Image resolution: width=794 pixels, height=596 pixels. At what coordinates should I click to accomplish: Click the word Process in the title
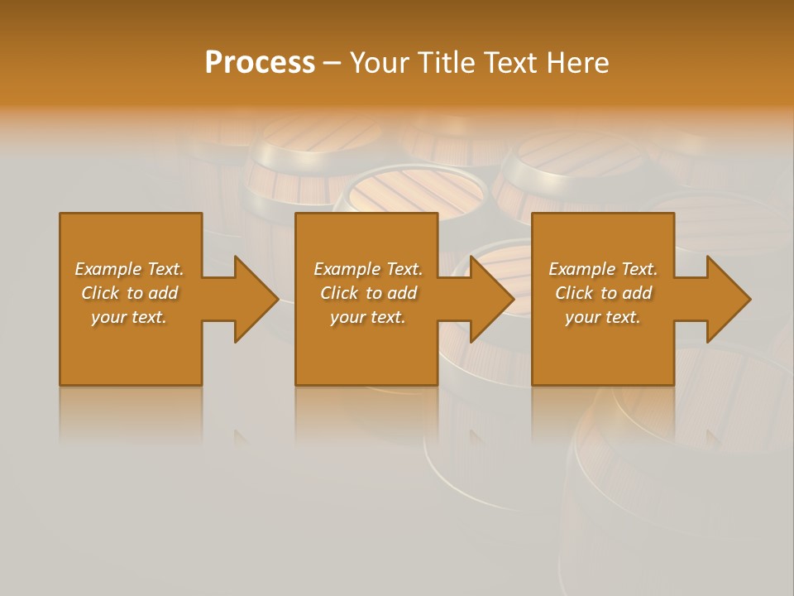coord(260,63)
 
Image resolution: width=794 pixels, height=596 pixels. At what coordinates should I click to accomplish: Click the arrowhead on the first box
coord(256,299)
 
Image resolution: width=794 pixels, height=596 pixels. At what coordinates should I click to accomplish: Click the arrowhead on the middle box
coord(493,299)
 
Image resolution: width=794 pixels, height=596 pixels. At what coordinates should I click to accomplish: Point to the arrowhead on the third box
coord(729,299)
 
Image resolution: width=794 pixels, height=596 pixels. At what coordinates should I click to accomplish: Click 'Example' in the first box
coord(108,269)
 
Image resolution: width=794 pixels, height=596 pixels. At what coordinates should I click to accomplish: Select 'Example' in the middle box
coord(347,269)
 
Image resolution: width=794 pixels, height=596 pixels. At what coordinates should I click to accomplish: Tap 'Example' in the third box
coord(581,269)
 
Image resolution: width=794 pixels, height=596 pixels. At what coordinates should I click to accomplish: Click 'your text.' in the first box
coord(129,317)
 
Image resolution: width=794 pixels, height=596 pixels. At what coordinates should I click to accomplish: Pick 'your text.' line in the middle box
coord(368,317)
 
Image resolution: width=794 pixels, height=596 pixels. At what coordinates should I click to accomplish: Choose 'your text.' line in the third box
coord(603,317)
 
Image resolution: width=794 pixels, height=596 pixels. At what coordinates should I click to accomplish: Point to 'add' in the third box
coord(637,293)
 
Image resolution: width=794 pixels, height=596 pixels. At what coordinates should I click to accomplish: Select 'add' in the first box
coord(163,293)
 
